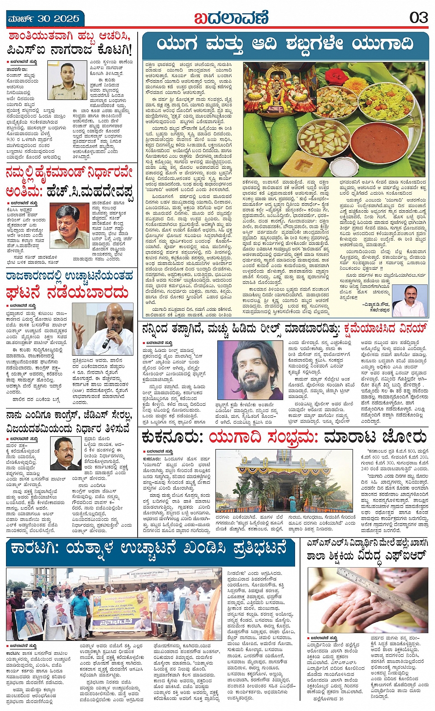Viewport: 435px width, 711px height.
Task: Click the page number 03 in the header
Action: pyautogui.click(x=419, y=18)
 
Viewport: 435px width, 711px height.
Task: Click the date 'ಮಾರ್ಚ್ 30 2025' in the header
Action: pyautogui.click(x=44, y=19)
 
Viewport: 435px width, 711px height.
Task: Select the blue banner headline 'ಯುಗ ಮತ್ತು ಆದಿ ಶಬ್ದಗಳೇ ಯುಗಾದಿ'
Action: pyautogui.click(x=285, y=44)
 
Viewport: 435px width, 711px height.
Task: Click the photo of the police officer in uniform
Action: pyautogui.click(x=67, y=81)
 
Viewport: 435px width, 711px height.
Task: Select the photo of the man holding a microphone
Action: pyautogui.click(x=103, y=329)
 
